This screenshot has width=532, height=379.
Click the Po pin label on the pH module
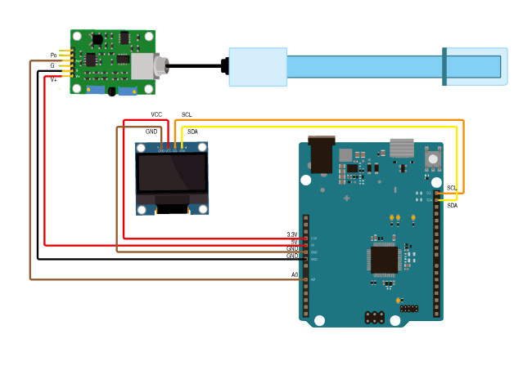53,56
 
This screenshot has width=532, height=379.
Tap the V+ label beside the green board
54,79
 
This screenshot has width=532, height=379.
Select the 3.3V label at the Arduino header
292,235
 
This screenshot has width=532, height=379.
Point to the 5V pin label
295,243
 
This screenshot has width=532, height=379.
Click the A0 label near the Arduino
295,275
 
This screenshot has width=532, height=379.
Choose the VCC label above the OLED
157,114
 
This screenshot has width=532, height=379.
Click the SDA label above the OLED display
192,132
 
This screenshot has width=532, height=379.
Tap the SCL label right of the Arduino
452,188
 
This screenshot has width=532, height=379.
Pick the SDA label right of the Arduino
453,206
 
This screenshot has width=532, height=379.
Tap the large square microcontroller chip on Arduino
384,260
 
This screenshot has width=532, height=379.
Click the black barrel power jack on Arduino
322,155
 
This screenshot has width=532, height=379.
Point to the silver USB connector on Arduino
402,148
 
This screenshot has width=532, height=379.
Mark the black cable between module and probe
196,65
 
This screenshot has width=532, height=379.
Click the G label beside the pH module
52,65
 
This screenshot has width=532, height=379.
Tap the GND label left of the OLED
151,132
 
